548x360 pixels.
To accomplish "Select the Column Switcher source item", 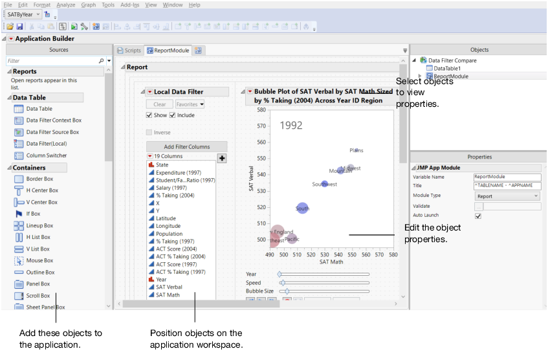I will click(x=46, y=155).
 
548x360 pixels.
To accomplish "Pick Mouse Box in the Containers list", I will click(x=39, y=260).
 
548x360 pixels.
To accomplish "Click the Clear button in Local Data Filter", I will click(x=159, y=104).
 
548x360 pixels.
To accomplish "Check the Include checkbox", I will click(x=173, y=115).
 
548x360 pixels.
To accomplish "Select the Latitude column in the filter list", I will click(x=165, y=218).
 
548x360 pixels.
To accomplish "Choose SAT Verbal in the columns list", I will click(x=168, y=287).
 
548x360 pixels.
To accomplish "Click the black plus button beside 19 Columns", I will click(x=221, y=157).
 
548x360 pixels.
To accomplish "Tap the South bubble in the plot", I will click(x=302, y=208).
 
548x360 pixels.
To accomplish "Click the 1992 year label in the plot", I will click(x=290, y=126).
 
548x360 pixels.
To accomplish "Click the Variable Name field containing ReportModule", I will click(x=507, y=176).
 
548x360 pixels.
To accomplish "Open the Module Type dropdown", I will click(x=507, y=196).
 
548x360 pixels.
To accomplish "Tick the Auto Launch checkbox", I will click(x=478, y=216).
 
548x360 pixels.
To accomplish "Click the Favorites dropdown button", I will click(x=190, y=104).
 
